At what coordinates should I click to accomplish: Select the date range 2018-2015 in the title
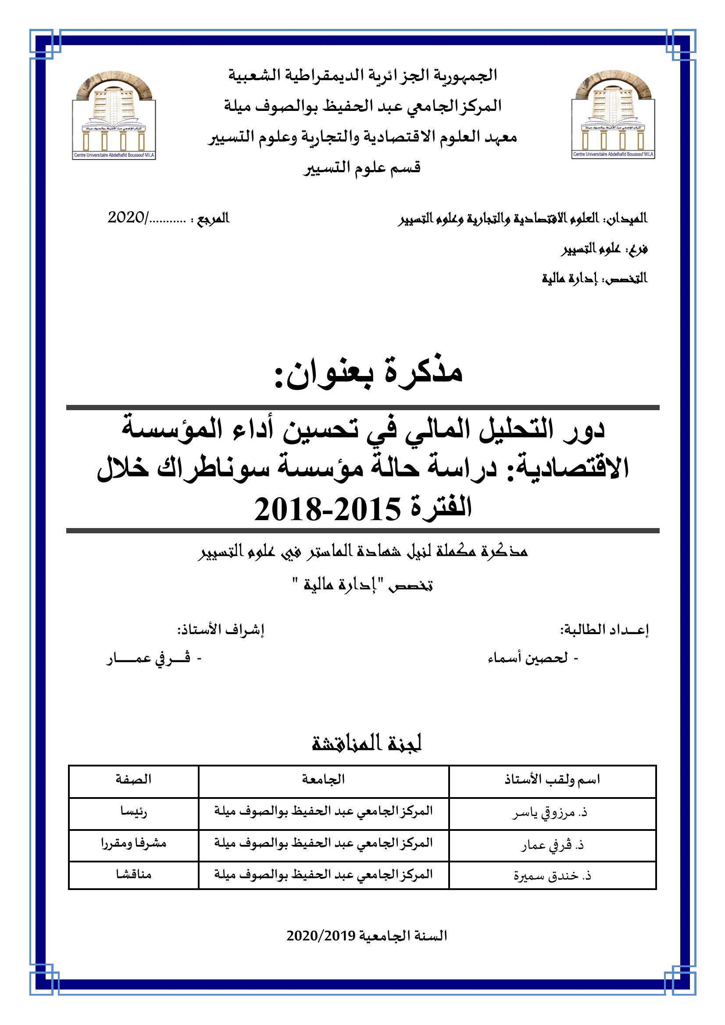click(318, 510)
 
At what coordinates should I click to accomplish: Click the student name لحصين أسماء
click(528, 658)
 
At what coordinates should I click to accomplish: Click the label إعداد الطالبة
click(604, 630)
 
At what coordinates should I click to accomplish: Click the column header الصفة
click(134, 779)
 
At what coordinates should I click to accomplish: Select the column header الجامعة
click(323, 779)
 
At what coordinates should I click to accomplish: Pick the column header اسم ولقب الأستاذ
click(552, 780)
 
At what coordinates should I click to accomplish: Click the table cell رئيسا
click(134, 811)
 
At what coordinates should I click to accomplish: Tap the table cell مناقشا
click(134, 874)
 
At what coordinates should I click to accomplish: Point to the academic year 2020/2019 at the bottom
click(366, 936)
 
